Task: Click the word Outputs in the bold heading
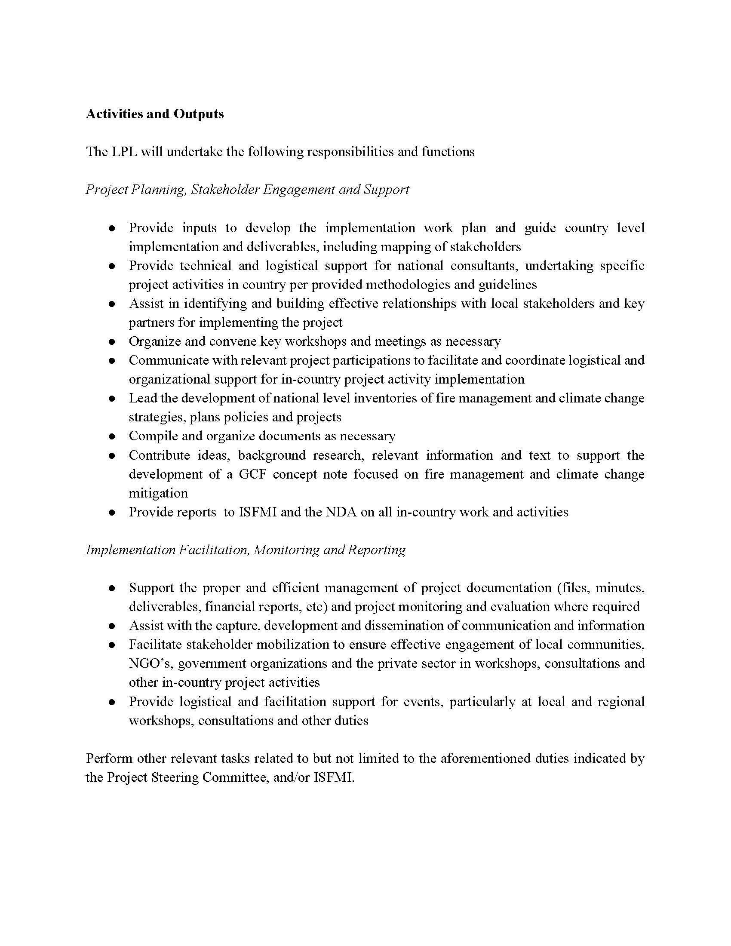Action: pos(199,114)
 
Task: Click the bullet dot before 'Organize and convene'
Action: pos(112,342)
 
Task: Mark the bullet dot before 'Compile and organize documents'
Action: pos(112,436)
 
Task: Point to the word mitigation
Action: pos(158,493)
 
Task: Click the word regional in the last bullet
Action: pos(621,701)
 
